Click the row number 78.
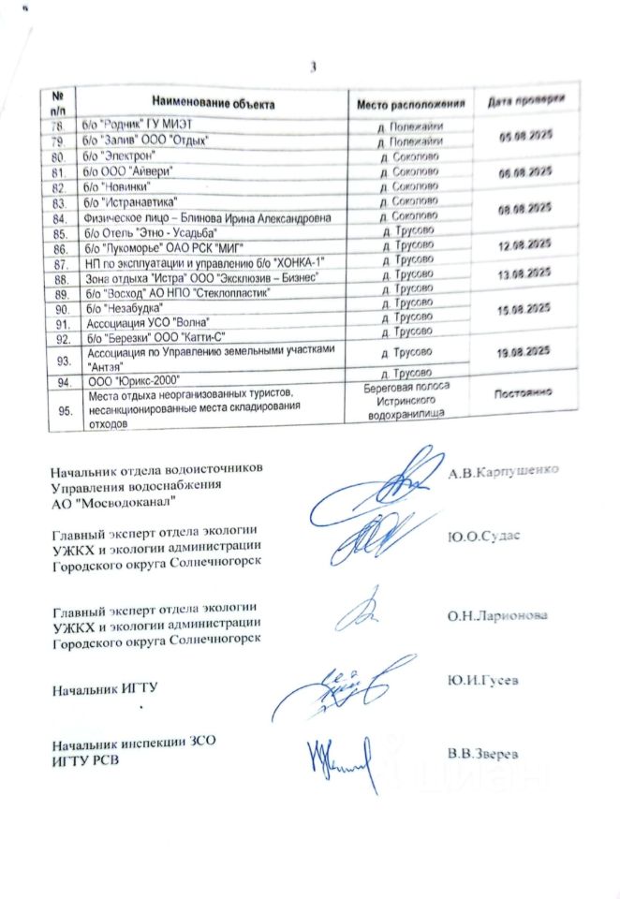click(59, 125)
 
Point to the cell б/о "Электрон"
click(122, 155)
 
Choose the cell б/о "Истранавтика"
click(131, 202)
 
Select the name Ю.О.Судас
click(483, 535)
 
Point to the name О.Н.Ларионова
click(497, 615)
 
